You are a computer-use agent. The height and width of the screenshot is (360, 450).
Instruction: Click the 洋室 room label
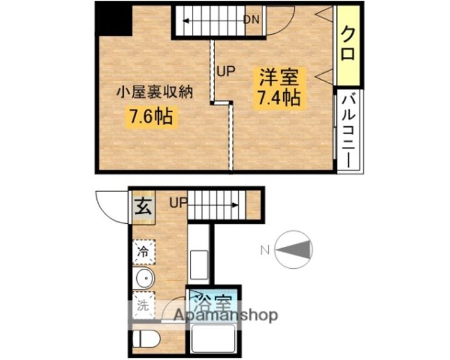point(279,77)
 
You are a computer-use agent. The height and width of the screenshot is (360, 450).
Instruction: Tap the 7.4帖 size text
point(279,98)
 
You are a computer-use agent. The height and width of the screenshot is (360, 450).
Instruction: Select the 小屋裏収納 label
point(154,93)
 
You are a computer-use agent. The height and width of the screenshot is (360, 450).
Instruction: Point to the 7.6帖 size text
point(151,117)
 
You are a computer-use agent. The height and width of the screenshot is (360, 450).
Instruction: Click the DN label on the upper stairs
point(251,19)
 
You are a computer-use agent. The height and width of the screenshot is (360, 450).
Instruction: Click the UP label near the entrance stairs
point(178,203)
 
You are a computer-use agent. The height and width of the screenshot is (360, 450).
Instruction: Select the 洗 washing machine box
point(143,307)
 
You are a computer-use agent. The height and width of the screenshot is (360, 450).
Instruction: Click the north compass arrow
point(293,251)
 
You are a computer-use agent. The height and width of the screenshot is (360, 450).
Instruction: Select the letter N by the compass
point(264,251)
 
